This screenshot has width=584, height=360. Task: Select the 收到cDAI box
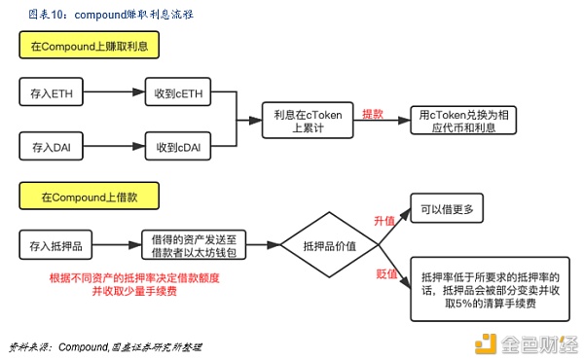(x=178, y=147)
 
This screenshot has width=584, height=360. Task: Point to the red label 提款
(x=374, y=113)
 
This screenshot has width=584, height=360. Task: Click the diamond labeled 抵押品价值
(x=330, y=244)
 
